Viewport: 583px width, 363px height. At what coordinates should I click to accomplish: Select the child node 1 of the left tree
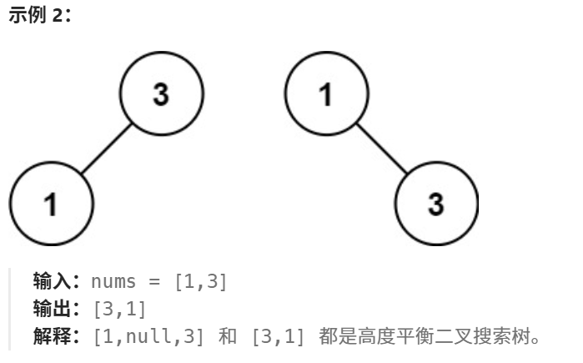(x=51, y=203)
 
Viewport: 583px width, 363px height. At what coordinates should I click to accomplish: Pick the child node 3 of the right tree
(x=435, y=203)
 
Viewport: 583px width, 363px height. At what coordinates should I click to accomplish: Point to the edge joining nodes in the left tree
(x=106, y=148)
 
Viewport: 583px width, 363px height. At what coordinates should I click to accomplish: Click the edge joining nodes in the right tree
(x=381, y=148)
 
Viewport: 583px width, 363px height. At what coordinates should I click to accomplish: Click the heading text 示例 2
(x=38, y=17)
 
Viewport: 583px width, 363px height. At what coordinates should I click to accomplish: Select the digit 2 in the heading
(x=56, y=17)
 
